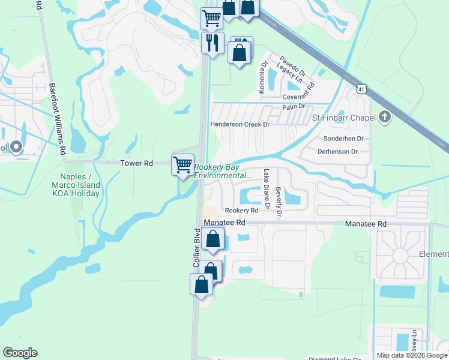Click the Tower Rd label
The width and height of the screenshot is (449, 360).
137,163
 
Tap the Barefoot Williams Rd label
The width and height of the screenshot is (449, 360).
57,119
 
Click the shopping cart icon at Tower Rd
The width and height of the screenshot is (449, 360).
182,164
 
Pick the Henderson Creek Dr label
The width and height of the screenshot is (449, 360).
240,124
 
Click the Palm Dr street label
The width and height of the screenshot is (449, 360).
294,107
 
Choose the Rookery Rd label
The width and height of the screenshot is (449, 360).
241,211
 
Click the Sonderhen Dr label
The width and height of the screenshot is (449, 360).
340,138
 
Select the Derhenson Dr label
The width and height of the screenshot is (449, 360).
337,152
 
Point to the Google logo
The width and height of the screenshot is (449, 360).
20,353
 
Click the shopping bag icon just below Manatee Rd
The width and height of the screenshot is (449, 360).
213,239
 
